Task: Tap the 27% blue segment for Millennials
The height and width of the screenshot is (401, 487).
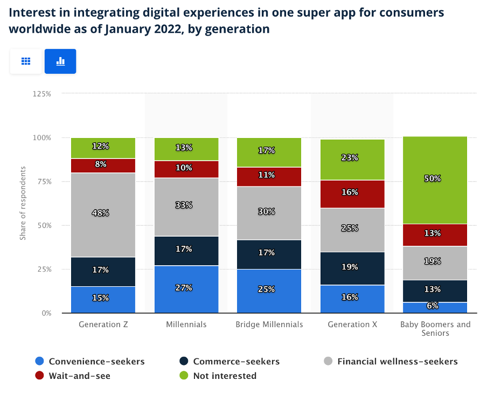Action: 186,288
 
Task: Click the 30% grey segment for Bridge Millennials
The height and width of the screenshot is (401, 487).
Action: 269,212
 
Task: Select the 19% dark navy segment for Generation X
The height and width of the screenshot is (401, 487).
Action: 352,268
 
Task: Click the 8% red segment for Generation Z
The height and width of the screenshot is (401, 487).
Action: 103,165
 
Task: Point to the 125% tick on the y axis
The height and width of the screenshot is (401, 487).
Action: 41,94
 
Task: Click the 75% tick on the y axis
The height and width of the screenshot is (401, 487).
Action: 43,182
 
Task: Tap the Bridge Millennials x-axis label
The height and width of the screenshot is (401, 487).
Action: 269,324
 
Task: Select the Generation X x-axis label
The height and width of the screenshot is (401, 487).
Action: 352,324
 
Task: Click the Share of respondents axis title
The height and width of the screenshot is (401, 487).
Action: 23,203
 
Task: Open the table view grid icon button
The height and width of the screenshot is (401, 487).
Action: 26,61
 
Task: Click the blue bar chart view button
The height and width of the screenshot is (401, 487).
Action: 60,61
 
